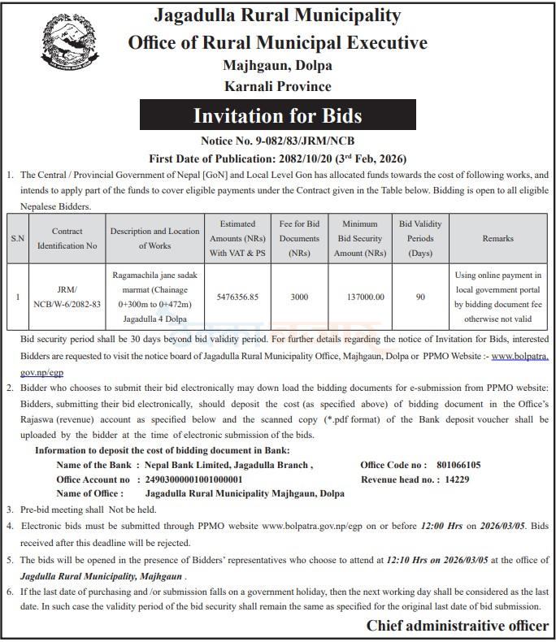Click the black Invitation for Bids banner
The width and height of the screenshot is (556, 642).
(277, 116)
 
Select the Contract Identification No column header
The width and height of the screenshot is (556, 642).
(67, 238)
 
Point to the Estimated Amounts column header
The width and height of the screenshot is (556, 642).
(237, 238)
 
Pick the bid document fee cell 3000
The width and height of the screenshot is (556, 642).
(299, 297)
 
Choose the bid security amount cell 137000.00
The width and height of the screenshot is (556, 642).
(359, 297)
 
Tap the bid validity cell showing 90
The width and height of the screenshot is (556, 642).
(420, 297)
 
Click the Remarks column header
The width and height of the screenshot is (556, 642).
(497, 238)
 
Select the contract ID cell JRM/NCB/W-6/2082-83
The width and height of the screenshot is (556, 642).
(67, 297)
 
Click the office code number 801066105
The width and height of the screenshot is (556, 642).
(458, 465)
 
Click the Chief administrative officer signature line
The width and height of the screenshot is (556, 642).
(457, 626)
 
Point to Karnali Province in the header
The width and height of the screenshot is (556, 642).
(278, 85)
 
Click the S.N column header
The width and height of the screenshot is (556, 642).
(17, 238)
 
